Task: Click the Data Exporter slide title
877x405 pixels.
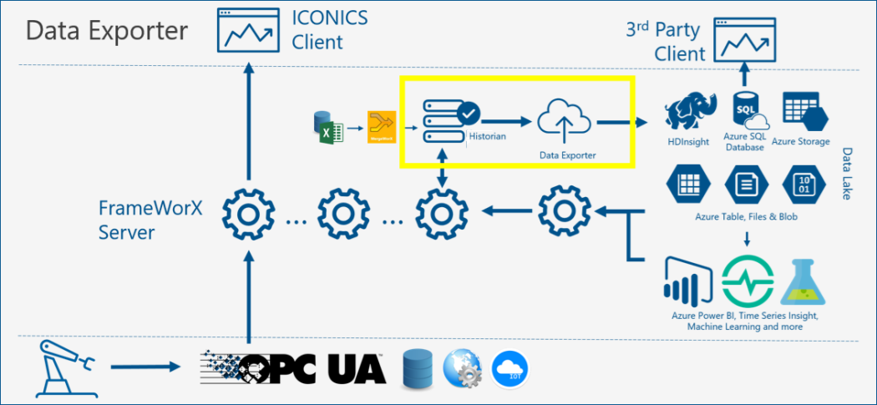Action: pyautogui.click(x=107, y=31)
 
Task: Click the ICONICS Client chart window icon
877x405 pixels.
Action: pyautogui.click(x=247, y=29)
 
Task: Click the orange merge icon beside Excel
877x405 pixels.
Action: pyautogui.click(x=381, y=126)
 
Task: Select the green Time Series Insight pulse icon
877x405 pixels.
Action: pyautogui.click(x=745, y=282)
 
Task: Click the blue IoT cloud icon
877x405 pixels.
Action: pyautogui.click(x=512, y=369)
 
